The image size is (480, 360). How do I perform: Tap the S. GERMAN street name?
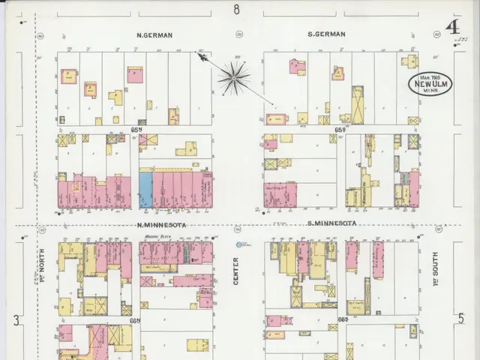(326, 34)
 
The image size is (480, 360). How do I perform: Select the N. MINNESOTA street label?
(160, 224)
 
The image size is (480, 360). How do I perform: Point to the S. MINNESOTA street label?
(331, 223)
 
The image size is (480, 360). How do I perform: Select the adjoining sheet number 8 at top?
(236, 10)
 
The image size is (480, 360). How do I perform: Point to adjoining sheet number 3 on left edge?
(15, 320)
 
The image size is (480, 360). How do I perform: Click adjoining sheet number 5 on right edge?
(460, 318)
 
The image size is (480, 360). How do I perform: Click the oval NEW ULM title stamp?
(429, 84)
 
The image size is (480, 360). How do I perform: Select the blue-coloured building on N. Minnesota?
(145, 190)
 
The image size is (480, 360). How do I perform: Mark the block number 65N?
(136, 130)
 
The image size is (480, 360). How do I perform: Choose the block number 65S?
(340, 130)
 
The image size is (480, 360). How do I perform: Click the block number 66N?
(135, 320)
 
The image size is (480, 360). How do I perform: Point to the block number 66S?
(343, 319)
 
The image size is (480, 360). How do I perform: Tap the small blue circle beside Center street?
(239, 244)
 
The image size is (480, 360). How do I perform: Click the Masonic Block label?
(154, 238)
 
